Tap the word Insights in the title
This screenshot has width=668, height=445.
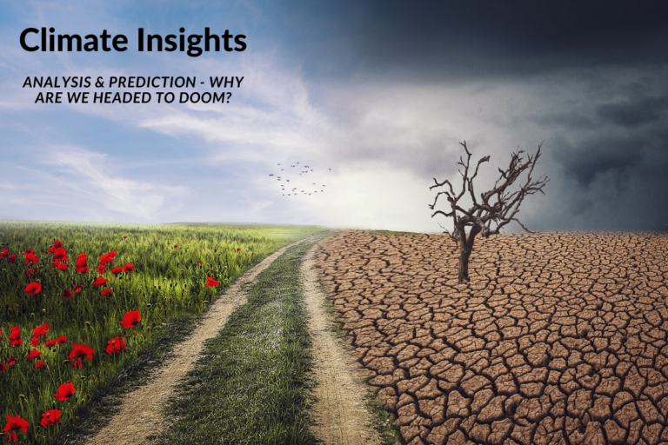[193, 40]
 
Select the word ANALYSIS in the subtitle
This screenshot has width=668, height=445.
[55, 82]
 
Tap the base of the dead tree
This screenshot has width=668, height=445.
[464, 278]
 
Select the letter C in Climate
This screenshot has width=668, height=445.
[30, 40]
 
